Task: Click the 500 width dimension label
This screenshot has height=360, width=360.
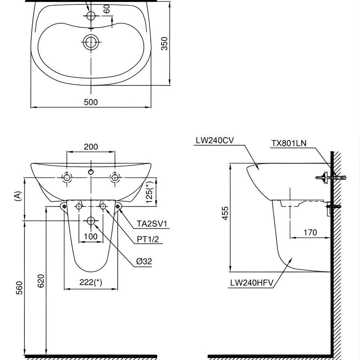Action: pos(91,102)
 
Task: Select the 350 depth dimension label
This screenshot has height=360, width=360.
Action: pos(164,43)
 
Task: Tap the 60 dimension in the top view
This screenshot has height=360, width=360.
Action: pos(106,9)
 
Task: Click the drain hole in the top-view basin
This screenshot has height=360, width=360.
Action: pos(91,41)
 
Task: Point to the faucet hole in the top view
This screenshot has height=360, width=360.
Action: pos(91,16)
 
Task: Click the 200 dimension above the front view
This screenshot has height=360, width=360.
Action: pos(91,147)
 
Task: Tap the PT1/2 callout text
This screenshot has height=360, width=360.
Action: pos(148,239)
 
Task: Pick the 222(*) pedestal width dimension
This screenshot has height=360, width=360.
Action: pos(91,282)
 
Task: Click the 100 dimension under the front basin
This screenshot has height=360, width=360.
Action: pos(91,236)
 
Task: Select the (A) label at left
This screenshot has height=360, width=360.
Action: pos(17,196)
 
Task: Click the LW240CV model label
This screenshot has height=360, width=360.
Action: pos(215,140)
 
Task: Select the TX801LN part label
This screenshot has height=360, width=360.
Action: pos(289,143)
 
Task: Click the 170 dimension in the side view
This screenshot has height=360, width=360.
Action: pos(310,232)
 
